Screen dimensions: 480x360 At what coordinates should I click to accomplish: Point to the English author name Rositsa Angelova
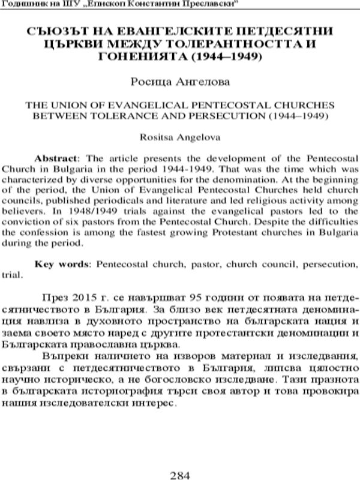(179, 138)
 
